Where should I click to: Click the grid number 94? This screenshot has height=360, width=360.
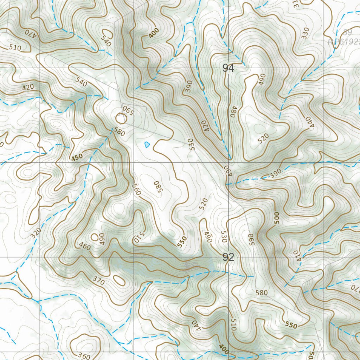pos(228,68)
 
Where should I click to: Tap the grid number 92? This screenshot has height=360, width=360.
pos(228,257)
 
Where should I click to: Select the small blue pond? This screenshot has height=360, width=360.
pos(147,144)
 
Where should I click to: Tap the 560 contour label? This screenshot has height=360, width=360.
pos(136,189)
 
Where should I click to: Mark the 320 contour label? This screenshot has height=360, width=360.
pos(36,233)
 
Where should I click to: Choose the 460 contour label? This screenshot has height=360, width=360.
pos(85,246)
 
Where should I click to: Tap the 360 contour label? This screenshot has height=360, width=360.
pos(84,355)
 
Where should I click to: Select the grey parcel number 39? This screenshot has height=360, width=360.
pos(347,33)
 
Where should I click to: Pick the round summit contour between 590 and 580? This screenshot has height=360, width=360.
pos(121,118)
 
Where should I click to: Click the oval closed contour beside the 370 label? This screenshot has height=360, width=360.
pos(120,281)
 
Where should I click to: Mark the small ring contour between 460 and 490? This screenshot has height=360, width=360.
pos(95,237)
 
